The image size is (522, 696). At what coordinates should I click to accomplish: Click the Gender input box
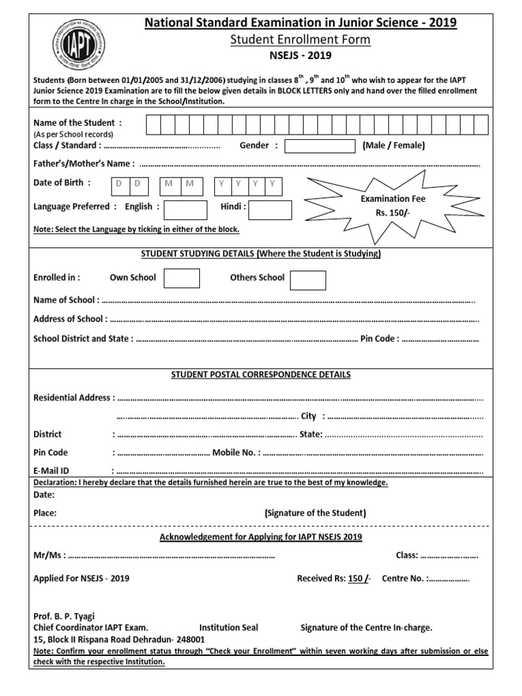click(319, 145)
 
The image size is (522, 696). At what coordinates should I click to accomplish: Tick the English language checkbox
click(186, 210)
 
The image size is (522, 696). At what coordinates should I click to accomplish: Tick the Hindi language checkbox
click(270, 210)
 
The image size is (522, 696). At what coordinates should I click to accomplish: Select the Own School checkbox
click(181, 278)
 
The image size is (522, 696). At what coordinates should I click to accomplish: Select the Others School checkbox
click(308, 280)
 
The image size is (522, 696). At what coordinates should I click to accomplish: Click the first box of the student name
click(150, 125)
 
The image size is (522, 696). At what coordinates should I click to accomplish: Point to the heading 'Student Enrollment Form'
click(301, 39)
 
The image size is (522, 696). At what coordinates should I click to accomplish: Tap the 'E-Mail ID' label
click(52, 470)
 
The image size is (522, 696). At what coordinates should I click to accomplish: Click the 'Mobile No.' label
click(236, 452)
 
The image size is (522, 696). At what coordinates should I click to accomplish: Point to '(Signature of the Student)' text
click(315, 513)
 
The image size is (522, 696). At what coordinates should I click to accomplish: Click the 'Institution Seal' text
click(228, 627)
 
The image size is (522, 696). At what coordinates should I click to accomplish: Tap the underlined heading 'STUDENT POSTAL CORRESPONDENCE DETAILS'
click(261, 375)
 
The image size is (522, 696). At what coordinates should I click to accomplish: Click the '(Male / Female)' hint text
click(394, 145)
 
